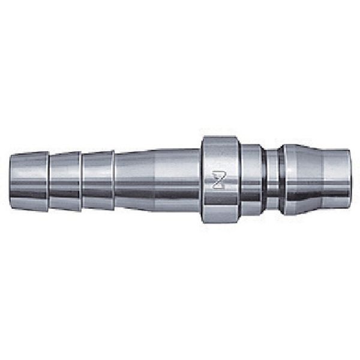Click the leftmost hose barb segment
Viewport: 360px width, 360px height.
pos(29,180)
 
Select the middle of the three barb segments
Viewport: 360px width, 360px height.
pos(65,180)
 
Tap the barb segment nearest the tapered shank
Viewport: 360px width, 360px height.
pos(98,180)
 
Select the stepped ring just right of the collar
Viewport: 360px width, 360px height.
pos(251,180)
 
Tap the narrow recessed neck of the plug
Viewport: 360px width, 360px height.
pos(272,180)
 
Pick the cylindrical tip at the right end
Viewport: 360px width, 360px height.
pos(336,180)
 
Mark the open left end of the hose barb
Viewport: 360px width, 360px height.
pos(11,180)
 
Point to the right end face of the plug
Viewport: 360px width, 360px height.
pos(350,180)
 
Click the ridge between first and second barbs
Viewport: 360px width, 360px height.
pos(49,180)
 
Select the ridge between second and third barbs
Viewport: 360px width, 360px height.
pos(82,180)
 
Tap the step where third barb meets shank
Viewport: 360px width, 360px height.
pos(114,180)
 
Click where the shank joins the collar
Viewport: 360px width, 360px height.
pos(200,180)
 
